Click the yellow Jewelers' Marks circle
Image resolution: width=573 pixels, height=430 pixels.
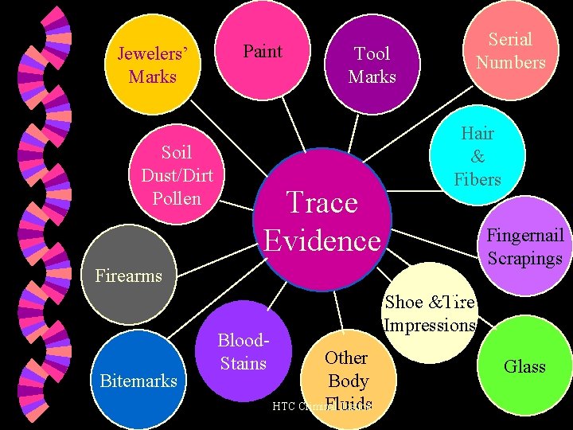tap(152, 66)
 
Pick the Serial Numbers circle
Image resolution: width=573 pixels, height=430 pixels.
tap(510, 51)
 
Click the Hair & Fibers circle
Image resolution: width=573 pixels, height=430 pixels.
tap(477, 156)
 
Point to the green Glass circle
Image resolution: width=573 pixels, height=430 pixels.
tap(524, 367)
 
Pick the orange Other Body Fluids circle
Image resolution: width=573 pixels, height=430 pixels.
tap(348, 378)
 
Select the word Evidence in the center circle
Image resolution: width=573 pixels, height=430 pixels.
tap(322, 240)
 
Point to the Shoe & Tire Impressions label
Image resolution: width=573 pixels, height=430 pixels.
tap(430, 314)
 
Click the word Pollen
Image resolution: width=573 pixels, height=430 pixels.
tap(177, 197)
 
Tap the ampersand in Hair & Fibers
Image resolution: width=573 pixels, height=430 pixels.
tap(477, 156)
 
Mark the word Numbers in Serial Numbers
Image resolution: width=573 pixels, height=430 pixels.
tap(510, 62)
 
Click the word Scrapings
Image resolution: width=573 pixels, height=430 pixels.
tap(524, 258)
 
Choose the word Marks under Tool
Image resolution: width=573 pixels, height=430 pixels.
tap(372, 77)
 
